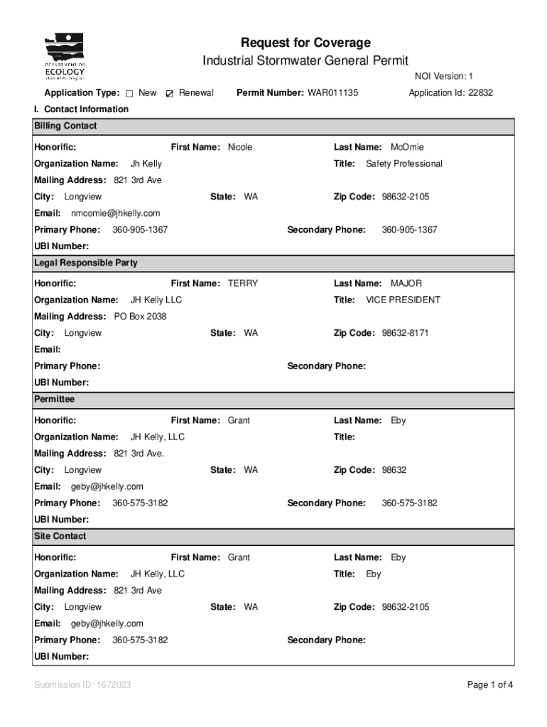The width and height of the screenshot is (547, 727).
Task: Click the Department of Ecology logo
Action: click(65, 57)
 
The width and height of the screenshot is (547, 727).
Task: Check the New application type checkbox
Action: click(130, 94)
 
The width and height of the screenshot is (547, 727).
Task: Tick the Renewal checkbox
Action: click(169, 94)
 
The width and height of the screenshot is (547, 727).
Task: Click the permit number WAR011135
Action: click(332, 93)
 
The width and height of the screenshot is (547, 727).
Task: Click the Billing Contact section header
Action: click(65, 126)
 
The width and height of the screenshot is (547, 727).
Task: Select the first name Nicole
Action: click(239, 147)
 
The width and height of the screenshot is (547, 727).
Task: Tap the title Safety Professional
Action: click(404, 164)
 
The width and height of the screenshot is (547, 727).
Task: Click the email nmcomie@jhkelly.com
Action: click(115, 213)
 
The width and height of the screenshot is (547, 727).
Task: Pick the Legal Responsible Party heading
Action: click(86, 263)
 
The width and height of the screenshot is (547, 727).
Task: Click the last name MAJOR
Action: click(407, 283)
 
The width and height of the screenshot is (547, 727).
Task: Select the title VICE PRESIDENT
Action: click(403, 300)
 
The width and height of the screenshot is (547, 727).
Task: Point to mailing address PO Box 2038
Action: click(140, 317)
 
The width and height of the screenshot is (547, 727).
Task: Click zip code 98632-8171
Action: click(405, 333)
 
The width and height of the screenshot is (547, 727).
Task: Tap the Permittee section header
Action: click(54, 400)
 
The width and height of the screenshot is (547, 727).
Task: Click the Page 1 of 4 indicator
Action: click(489, 685)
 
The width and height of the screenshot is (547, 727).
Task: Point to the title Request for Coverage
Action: click(305, 43)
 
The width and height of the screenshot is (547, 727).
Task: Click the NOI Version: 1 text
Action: click(443, 76)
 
